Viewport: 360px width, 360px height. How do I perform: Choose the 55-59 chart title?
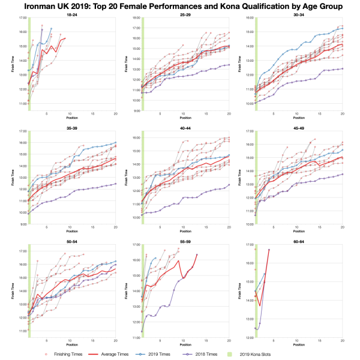click(179, 241)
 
